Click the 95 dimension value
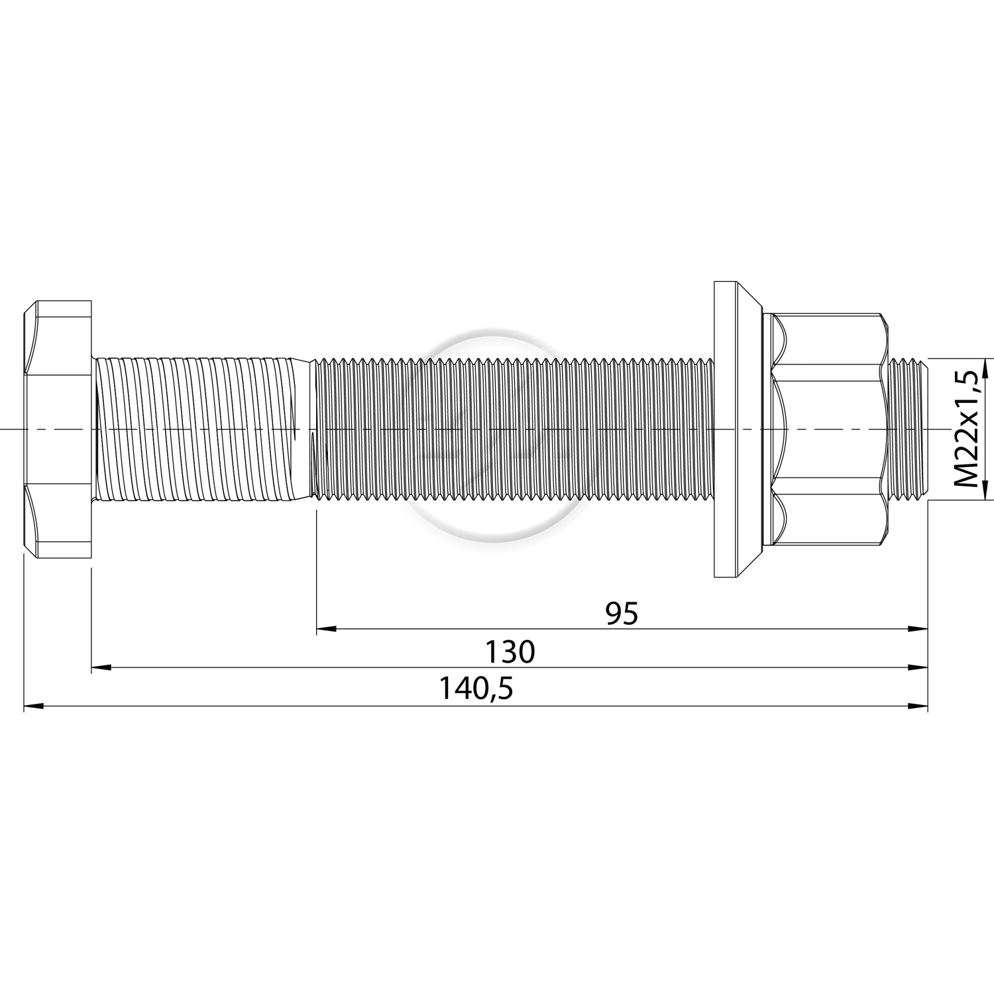tap(622, 614)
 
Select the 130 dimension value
tap(510, 652)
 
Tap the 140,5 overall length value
tap(476, 690)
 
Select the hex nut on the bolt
tap(824, 429)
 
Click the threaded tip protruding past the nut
tap(908, 429)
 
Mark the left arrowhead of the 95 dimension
tap(326, 629)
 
